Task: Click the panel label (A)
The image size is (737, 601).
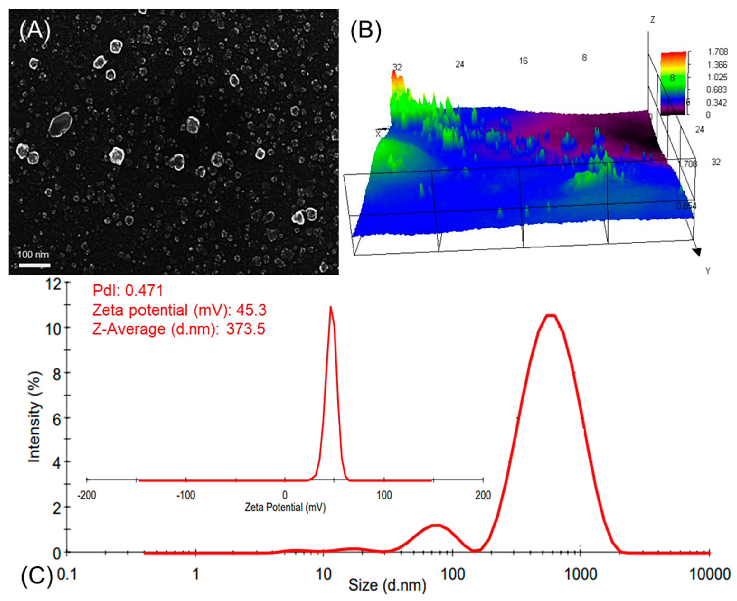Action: tap(35, 30)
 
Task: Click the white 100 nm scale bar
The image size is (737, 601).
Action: tap(34, 266)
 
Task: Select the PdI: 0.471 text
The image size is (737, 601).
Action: tap(128, 290)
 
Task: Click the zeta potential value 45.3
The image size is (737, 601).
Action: tap(251, 310)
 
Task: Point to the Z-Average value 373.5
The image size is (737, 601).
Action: tap(245, 329)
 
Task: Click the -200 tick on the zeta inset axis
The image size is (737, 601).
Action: tap(87, 495)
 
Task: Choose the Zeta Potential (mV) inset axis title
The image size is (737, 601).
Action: tap(285, 507)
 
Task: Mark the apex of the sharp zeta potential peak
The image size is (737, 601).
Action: tap(331, 307)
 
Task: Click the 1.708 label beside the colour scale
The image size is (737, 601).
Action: tap(718, 52)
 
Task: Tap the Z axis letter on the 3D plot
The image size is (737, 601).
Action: tap(652, 20)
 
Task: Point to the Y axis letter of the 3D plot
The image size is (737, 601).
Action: tap(708, 271)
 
